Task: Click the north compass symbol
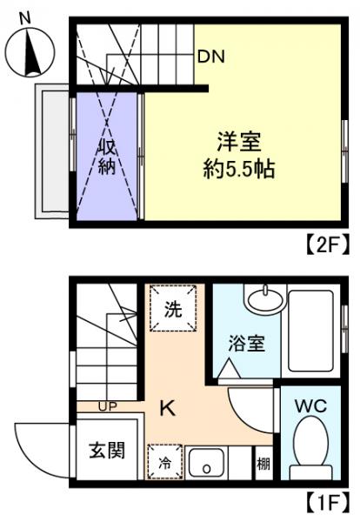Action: pos(30,51)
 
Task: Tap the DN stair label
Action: pos(210,57)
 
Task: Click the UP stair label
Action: pos(109,405)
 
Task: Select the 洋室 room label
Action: pos(239,140)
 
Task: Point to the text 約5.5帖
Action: pos(239,168)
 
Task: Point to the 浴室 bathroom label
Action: pos(245,341)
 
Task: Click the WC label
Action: pos(309,406)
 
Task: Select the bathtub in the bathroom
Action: pos(309,331)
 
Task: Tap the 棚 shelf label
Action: pos(263,464)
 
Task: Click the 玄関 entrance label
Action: pos(106,451)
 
